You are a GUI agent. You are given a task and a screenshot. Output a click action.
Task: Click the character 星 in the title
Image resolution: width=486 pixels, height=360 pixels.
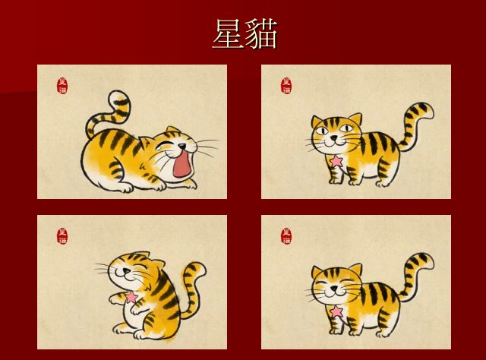point(228,33)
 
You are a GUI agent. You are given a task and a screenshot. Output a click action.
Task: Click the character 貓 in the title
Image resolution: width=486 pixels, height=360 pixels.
point(261,33)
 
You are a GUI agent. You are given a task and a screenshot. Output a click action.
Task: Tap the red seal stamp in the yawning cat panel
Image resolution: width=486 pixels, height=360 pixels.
point(62,86)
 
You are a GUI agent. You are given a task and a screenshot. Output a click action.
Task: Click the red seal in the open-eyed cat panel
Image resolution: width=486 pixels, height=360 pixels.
point(286,86)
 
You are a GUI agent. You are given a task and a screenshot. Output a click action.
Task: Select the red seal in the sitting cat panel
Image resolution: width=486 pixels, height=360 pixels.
point(62,236)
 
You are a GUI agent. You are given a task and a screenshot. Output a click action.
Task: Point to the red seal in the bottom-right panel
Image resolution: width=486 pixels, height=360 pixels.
point(286,236)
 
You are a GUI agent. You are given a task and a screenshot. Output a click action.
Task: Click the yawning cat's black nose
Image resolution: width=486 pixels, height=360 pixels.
point(182,145)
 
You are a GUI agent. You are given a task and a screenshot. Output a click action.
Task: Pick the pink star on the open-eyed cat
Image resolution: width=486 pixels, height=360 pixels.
point(336,161)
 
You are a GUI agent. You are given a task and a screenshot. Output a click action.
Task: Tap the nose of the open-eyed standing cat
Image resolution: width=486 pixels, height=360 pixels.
point(333,137)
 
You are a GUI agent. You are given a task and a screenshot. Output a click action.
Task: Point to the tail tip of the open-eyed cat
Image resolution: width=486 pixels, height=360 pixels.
point(423,109)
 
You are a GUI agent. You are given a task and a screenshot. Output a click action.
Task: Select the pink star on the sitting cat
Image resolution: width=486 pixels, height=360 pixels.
point(131,297)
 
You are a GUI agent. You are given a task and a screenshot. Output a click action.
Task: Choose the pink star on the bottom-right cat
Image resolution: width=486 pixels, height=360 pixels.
point(336,311)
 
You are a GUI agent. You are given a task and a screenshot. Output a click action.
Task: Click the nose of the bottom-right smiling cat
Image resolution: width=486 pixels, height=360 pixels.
point(333,289)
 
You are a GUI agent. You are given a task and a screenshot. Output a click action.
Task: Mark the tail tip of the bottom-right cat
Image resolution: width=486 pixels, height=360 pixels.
point(423,259)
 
